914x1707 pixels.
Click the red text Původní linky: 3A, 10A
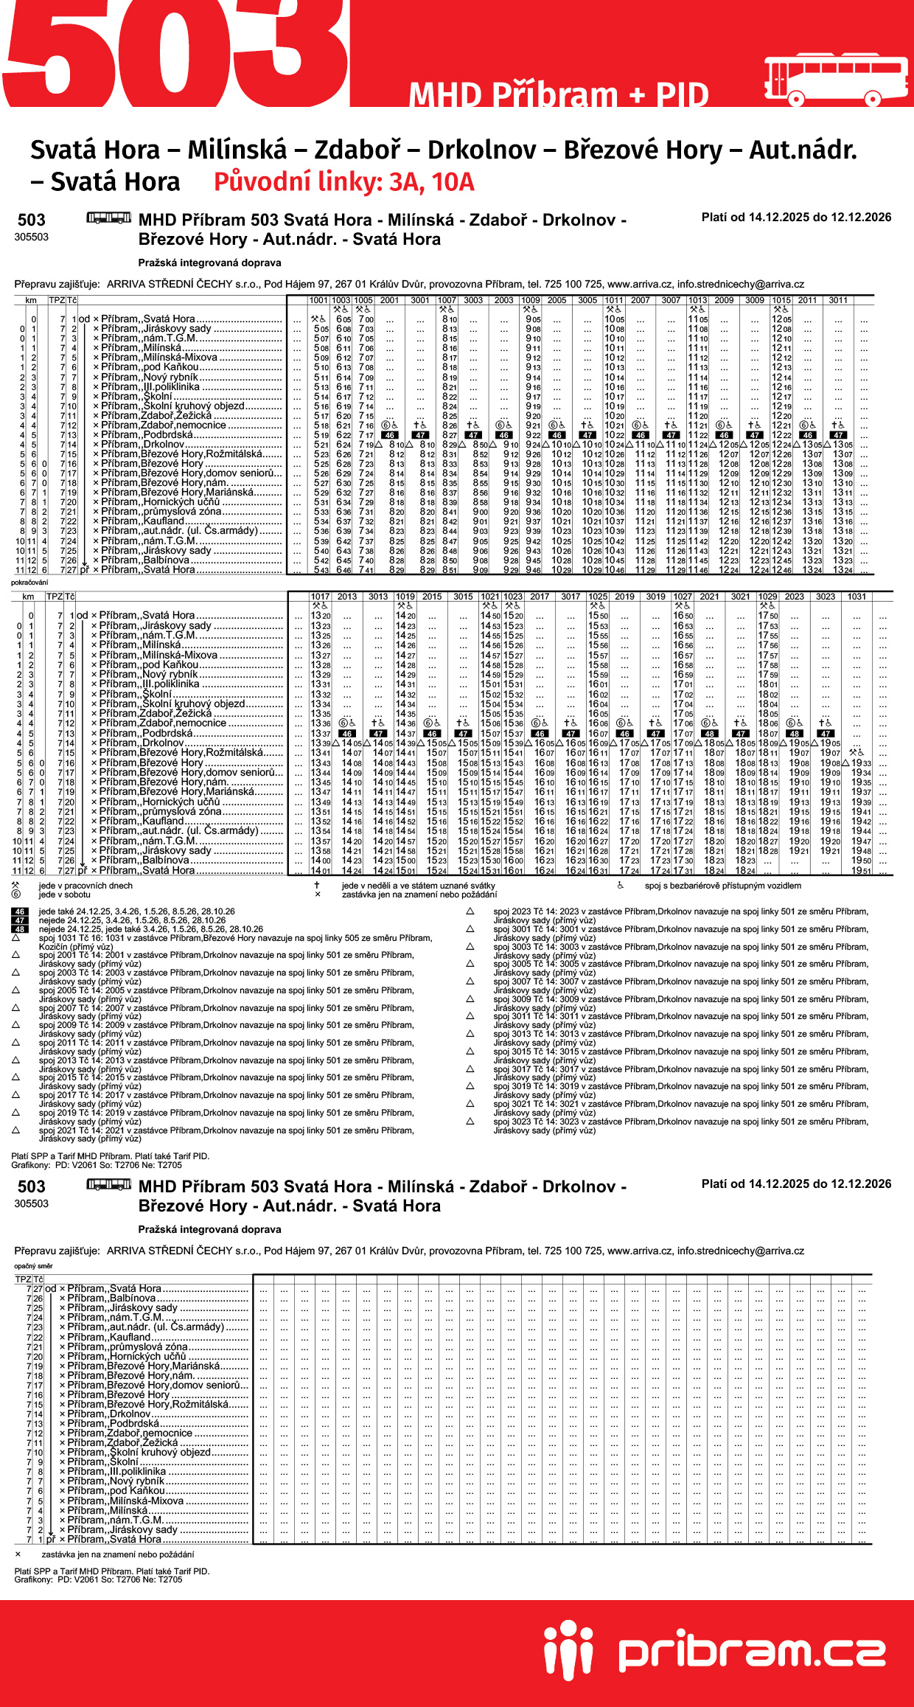coord(343,182)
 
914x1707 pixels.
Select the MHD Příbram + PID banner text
coord(559,95)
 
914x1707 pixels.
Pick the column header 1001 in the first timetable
coord(318,300)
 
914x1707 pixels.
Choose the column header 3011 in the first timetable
coord(838,300)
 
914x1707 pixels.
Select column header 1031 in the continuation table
coord(857,597)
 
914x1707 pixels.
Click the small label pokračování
coord(29,583)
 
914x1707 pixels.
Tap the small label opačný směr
coord(33,1266)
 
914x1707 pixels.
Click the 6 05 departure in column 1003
coord(343,319)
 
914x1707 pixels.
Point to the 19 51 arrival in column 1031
coord(861,871)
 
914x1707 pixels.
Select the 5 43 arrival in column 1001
coord(321,570)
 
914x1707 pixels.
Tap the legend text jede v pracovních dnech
coord(86,886)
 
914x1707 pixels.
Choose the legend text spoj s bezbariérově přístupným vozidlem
coord(722,886)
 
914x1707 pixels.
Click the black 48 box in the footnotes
coord(20,929)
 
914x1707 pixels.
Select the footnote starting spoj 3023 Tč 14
coord(680,1122)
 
